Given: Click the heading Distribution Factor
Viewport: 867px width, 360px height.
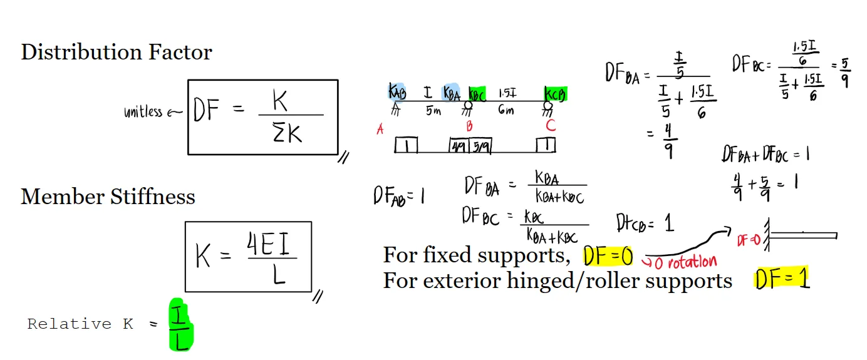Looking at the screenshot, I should click(x=117, y=52).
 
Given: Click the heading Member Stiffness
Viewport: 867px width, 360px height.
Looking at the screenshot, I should click(x=108, y=197).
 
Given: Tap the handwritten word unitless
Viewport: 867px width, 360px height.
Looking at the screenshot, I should click(x=143, y=112).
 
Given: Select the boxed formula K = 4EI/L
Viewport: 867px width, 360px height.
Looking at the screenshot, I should click(x=248, y=257).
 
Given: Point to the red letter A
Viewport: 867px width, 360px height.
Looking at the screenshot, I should click(x=380, y=130).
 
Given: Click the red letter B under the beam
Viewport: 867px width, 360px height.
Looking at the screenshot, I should click(x=469, y=126).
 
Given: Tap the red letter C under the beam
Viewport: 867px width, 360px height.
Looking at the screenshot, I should click(x=551, y=125).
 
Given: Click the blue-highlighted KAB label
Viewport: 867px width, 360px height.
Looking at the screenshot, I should click(x=397, y=92).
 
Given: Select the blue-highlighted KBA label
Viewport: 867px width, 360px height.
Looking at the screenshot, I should click(x=451, y=93).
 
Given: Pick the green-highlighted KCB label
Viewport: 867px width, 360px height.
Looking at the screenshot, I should click(x=555, y=93).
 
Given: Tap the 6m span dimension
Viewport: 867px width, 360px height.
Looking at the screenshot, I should click(x=506, y=111).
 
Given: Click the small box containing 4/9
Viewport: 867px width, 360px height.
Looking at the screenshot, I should click(x=459, y=146).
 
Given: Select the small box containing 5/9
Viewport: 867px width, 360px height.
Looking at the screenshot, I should click(x=480, y=146).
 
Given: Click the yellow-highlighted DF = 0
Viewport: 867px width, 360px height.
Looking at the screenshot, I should click(x=608, y=255).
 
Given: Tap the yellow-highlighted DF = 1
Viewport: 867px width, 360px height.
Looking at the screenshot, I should click(x=782, y=279).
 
